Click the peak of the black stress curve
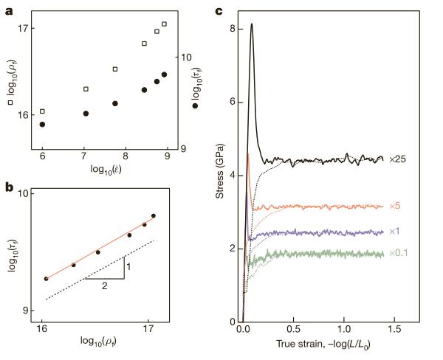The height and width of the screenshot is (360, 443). (x=252, y=24)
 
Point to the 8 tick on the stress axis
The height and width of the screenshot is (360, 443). (x=232, y=29)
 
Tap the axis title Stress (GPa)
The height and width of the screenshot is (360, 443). (x=219, y=176)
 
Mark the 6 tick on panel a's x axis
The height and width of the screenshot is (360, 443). (x=42, y=158)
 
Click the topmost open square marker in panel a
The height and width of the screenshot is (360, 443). (x=164, y=24)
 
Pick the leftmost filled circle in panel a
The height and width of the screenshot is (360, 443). (x=42, y=125)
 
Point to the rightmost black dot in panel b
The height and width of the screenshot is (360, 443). (x=154, y=216)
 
